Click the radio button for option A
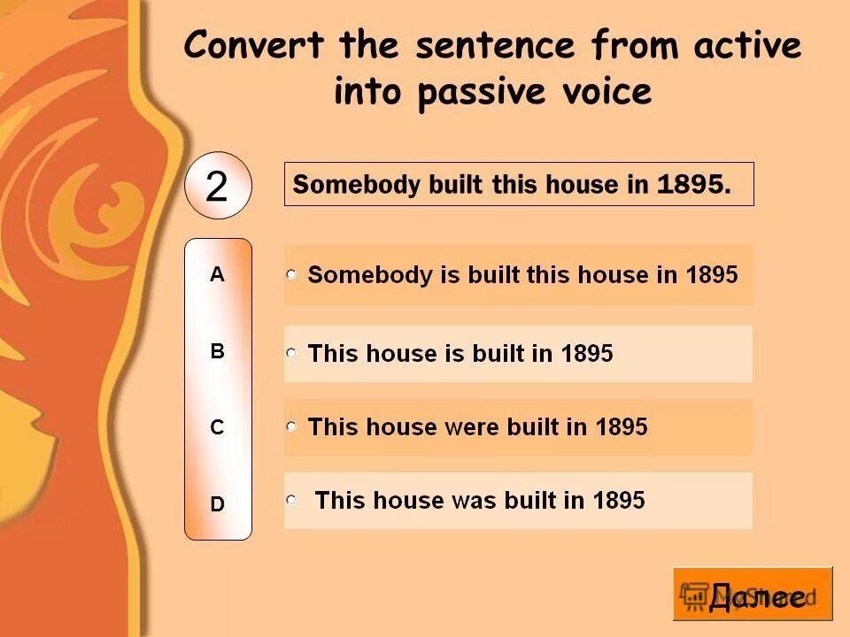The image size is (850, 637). pyautogui.click(x=291, y=275)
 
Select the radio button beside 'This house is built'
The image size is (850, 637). pyautogui.click(x=291, y=353)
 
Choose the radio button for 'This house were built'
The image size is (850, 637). pyautogui.click(x=291, y=426)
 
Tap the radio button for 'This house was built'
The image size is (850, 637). pyautogui.click(x=291, y=500)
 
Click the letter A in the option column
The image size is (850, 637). pyautogui.click(x=217, y=275)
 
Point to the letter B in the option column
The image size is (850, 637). pyautogui.click(x=217, y=351)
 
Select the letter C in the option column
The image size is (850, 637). pyautogui.click(x=217, y=427)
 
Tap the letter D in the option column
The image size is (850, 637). pyautogui.click(x=217, y=504)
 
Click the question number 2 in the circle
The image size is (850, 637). pyautogui.click(x=217, y=187)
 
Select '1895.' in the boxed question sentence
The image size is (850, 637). pyautogui.click(x=695, y=185)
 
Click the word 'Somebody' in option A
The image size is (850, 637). pyautogui.click(x=358, y=275)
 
